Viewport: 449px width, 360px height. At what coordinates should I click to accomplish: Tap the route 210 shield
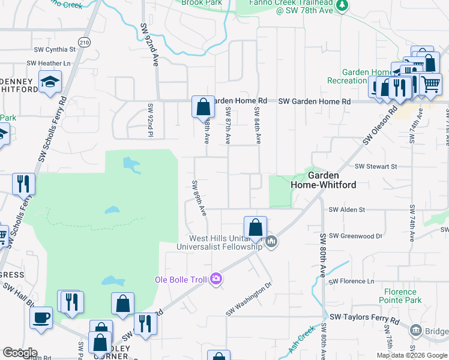84,42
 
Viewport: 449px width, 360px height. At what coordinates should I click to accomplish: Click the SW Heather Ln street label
49,63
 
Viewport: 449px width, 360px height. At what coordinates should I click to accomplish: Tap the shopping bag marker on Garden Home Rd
203,107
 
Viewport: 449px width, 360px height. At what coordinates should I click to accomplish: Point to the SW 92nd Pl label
151,121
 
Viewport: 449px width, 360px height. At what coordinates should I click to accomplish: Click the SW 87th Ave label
228,125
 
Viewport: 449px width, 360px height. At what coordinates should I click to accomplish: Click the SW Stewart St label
376,166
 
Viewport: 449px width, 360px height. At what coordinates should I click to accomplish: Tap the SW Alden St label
347,209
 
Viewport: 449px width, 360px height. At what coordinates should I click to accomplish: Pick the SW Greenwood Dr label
355,236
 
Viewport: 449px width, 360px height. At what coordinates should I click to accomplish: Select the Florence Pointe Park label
408,296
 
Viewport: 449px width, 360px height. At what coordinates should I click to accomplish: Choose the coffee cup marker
41,317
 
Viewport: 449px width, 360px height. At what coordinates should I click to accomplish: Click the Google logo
20,353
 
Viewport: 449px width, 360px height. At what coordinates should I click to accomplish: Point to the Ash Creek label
301,341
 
